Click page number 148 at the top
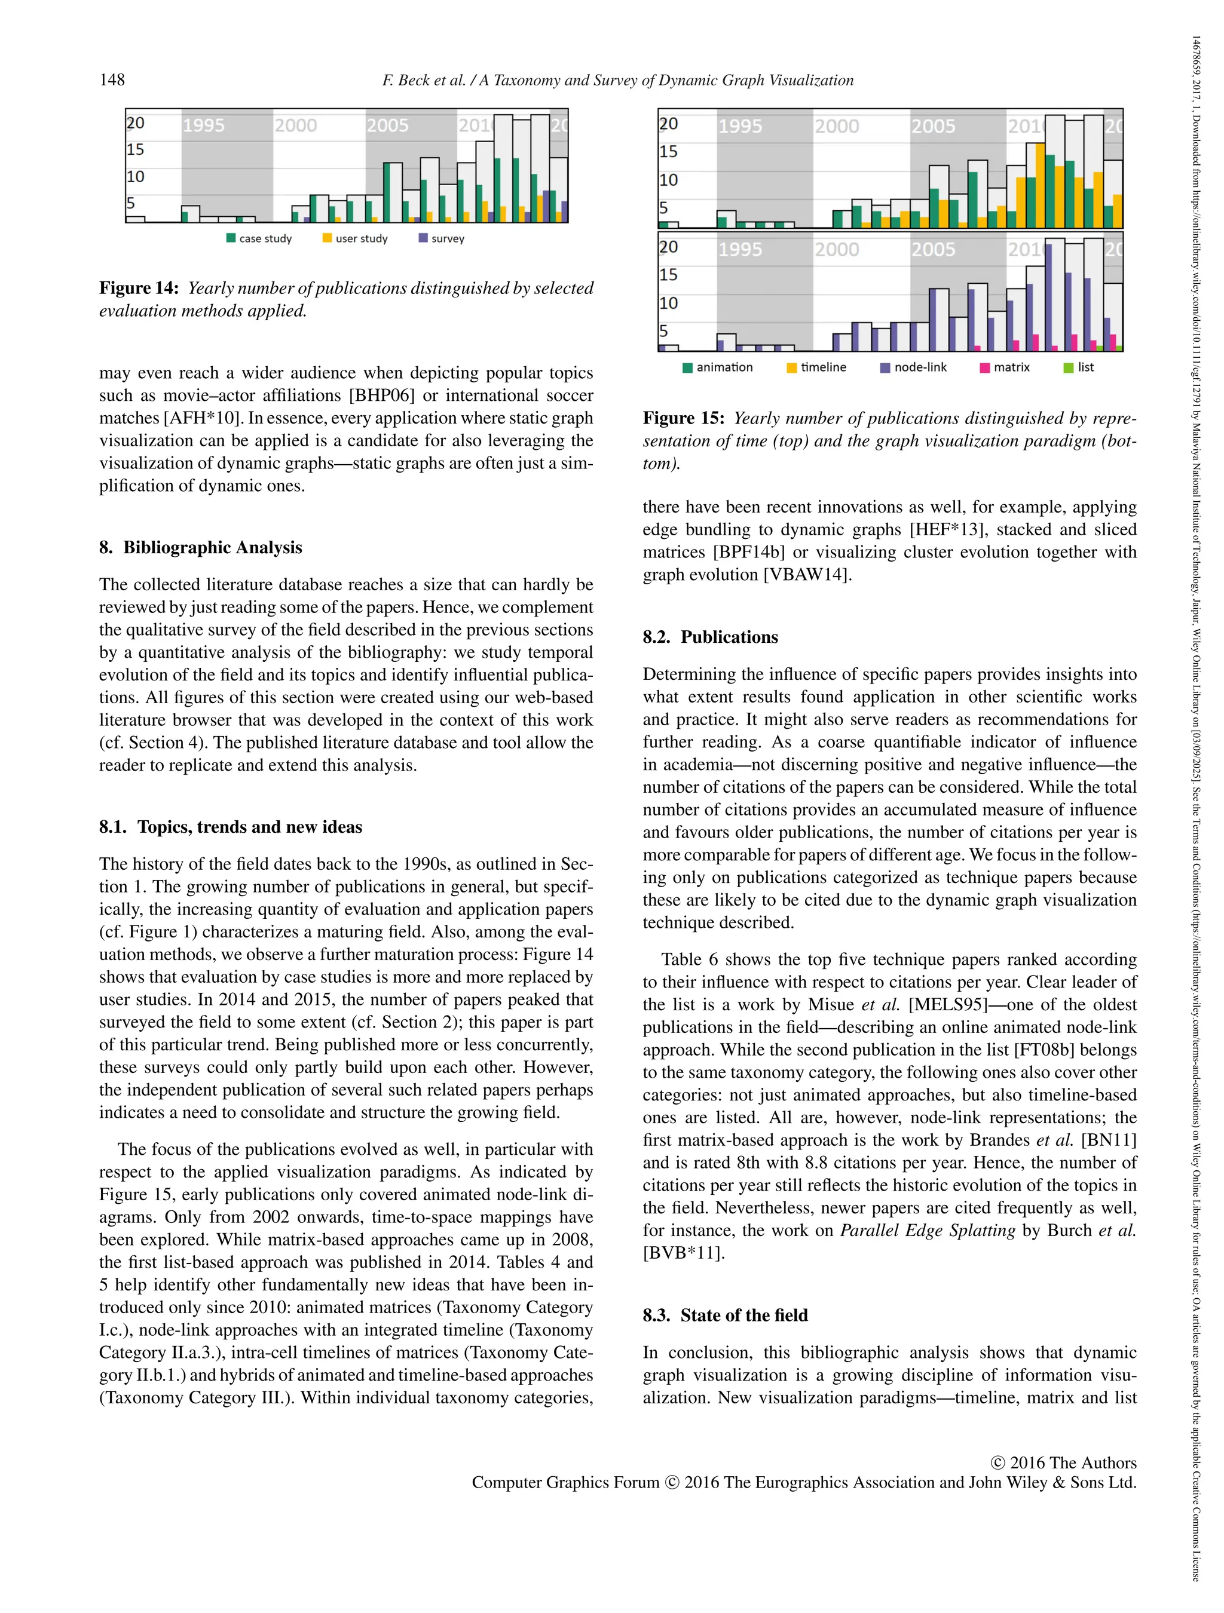(112, 79)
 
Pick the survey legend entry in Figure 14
(442, 238)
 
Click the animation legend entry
(718, 367)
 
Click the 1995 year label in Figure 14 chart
(204, 125)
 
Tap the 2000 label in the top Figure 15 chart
(837, 126)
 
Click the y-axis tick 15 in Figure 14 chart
(135, 149)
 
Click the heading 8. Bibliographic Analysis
(201, 548)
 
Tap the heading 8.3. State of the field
(725, 1315)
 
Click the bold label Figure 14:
(139, 288)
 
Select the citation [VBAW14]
(807, 575)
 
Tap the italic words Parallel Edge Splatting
(927, 1231)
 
